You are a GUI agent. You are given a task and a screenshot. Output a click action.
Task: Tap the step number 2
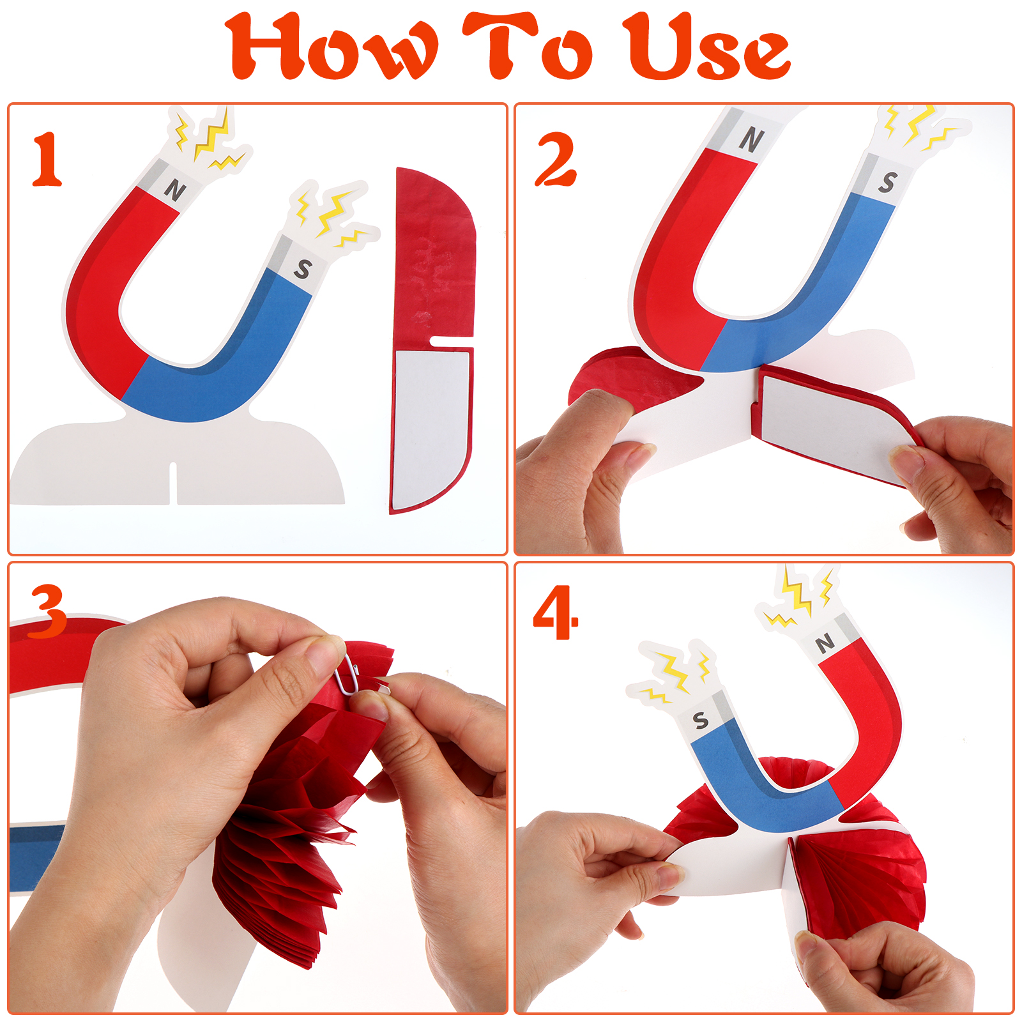556,159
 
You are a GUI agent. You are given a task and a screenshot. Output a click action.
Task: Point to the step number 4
556,613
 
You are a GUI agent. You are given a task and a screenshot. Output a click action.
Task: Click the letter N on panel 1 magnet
174,190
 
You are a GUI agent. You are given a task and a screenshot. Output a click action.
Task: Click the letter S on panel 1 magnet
303,269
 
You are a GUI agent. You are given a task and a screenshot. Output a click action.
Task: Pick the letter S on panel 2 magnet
887,182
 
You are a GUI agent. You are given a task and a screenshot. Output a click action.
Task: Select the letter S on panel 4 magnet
701,721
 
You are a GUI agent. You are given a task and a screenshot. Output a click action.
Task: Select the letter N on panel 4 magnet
825,643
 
